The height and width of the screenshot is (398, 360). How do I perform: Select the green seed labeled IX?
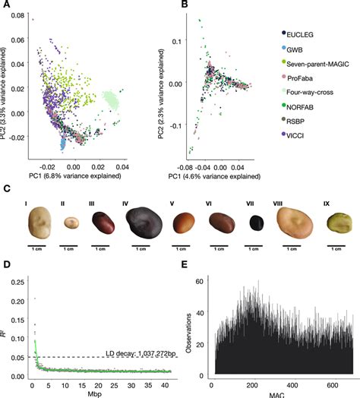pos(338,223)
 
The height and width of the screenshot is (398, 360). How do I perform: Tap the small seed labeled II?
pos(73,223)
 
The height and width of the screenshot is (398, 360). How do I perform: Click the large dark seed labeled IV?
pos(142,222)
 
